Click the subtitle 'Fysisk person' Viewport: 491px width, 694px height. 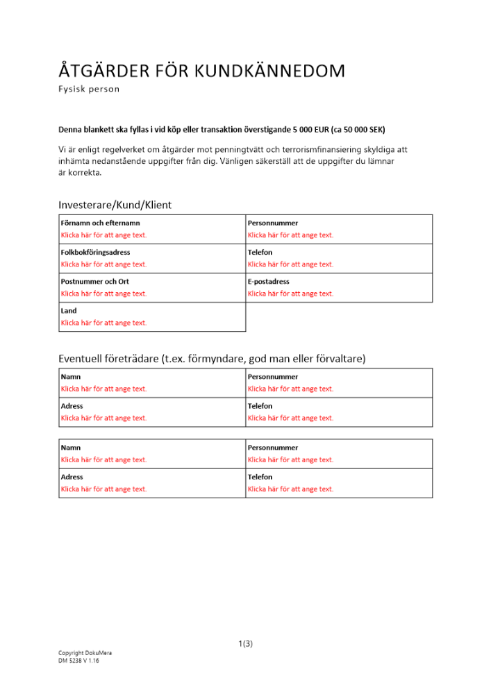point(89,89)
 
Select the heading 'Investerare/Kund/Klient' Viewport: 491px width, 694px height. point(115,205)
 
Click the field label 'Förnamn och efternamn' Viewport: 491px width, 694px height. point(100,223)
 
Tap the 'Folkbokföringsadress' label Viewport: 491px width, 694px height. point(95,252)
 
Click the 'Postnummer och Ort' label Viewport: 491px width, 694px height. point(94,281)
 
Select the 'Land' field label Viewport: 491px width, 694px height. point(69,310)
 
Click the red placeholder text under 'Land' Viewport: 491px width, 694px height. point(103,323)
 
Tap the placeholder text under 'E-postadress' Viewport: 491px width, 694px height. point(290,294)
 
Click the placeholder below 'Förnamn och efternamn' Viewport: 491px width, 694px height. point(103,235)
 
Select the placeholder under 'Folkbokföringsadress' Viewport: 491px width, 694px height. point(103,264)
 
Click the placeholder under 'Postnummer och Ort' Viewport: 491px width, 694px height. point(103,294)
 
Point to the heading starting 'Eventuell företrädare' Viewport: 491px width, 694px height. point(212,358)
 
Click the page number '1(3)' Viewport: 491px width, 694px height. point(245,643)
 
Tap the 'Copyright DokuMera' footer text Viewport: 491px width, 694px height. point(85,653)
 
